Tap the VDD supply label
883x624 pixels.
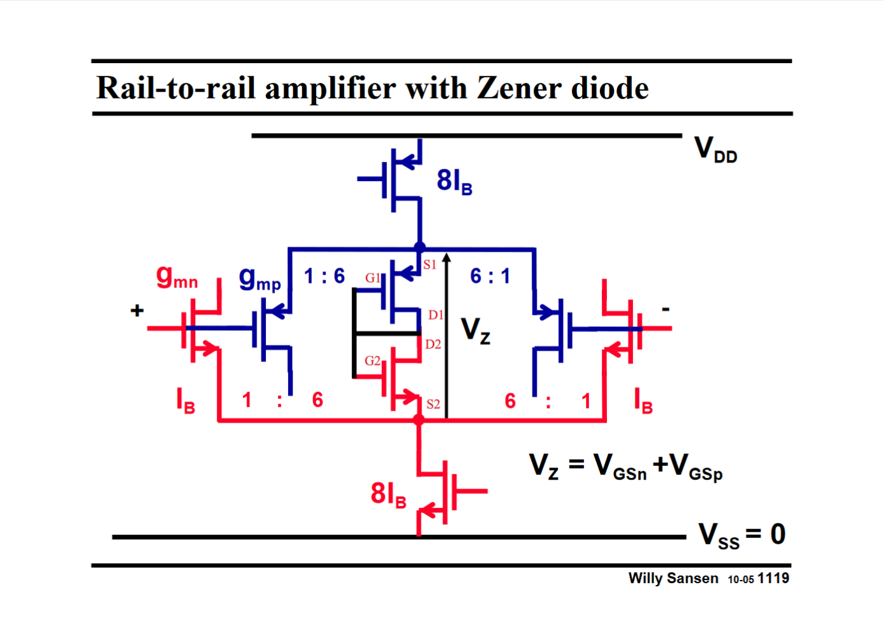(715, 150)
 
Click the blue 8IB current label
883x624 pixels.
(454, 182)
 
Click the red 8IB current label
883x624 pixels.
(388, 495)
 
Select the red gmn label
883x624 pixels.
(177, 278)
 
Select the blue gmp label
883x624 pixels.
(259, 279)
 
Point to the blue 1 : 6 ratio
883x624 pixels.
(324, 276)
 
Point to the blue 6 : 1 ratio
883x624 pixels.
(490, 276)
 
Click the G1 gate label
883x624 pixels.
(372, 278)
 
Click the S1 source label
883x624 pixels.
(430, 265)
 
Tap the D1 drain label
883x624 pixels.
(435, 315)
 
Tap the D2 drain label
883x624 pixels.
(433, 344)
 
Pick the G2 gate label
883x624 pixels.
(372, 361)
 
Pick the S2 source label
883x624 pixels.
(433, 404)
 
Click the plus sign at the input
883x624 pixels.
(137, 310)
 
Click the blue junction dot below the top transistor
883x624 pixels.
(420, 247)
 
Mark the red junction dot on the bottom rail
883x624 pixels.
(419, 419)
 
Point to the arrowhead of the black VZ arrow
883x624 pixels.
(447, 258)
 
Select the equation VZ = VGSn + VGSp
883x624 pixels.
(625, 467)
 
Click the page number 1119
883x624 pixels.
(773, 578)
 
